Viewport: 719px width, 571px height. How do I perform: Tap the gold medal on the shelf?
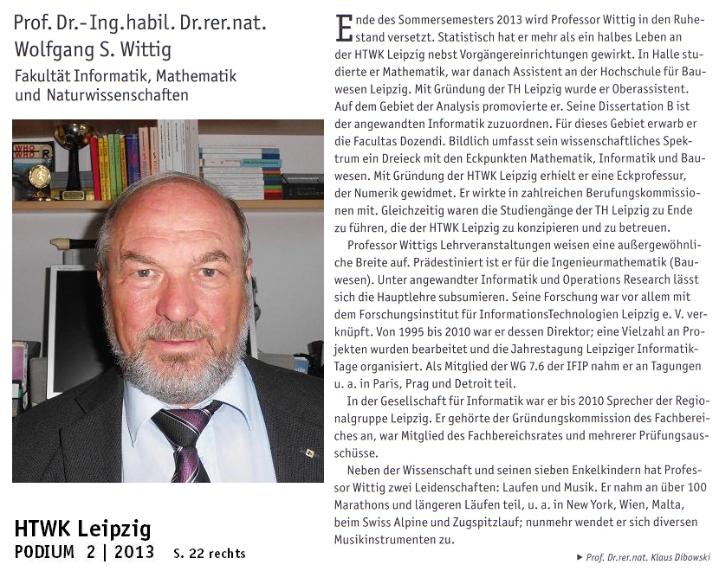(x=39, y=177)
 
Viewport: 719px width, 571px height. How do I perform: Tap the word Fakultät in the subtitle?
(x=43, y=76)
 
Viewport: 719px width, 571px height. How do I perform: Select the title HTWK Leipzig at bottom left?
(x=82, y=529)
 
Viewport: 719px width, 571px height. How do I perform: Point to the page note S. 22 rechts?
(x=209, y=554)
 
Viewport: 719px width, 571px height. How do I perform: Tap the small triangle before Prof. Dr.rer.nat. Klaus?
(x=580, y=557)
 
